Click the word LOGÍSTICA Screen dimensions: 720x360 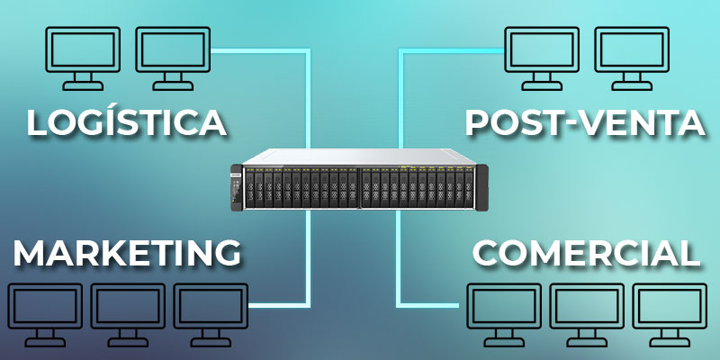126,122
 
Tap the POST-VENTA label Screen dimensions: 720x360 585,122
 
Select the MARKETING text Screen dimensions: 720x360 127,253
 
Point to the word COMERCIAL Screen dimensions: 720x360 587,253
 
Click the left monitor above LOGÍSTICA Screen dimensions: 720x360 83,58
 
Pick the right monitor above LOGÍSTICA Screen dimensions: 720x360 173,58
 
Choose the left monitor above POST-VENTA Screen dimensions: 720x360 542,58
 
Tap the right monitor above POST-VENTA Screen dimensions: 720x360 632,58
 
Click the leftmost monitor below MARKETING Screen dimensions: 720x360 45,314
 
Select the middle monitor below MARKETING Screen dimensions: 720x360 128,314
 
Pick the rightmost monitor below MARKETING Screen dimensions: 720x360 211,314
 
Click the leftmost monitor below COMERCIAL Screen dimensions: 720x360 504,314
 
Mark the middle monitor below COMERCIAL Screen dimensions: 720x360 587,314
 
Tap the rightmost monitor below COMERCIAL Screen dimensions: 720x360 670,314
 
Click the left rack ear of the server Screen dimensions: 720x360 237,187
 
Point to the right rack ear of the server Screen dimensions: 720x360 482,187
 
